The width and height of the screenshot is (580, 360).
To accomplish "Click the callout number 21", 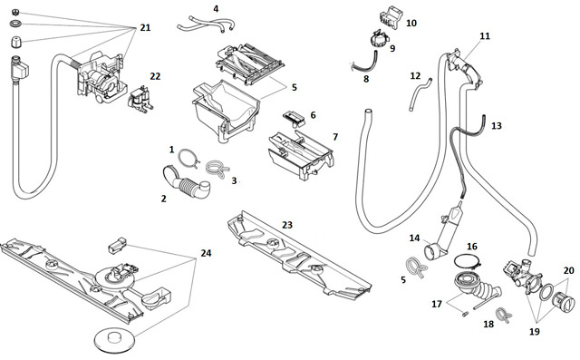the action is [x=145, y=28].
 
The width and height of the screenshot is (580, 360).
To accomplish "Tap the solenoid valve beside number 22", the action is [x=140, y=99].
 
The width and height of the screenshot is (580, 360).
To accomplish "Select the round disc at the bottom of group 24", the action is [x=113, y=340].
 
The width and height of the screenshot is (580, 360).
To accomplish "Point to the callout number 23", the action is [x=287, y=225].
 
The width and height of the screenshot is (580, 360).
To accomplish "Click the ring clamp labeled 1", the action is [x=189, y=157].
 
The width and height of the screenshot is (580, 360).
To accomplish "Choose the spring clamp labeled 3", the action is [x=217, y=169].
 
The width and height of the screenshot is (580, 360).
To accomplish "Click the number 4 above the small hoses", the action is [x=216, y=8].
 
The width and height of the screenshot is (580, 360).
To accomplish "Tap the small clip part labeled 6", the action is [x=295, y=118].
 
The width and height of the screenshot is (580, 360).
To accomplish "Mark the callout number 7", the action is [x=335, y=137].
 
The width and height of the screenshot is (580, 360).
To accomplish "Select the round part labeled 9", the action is [x=380, y=38].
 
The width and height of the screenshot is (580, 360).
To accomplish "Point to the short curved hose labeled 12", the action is [x=418, y=95].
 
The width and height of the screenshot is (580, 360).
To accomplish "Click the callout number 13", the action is [x=496, y=126].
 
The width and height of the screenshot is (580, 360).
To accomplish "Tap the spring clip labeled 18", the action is [x=504, y=315].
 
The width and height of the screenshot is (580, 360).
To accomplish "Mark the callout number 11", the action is [x=485, y=36].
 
